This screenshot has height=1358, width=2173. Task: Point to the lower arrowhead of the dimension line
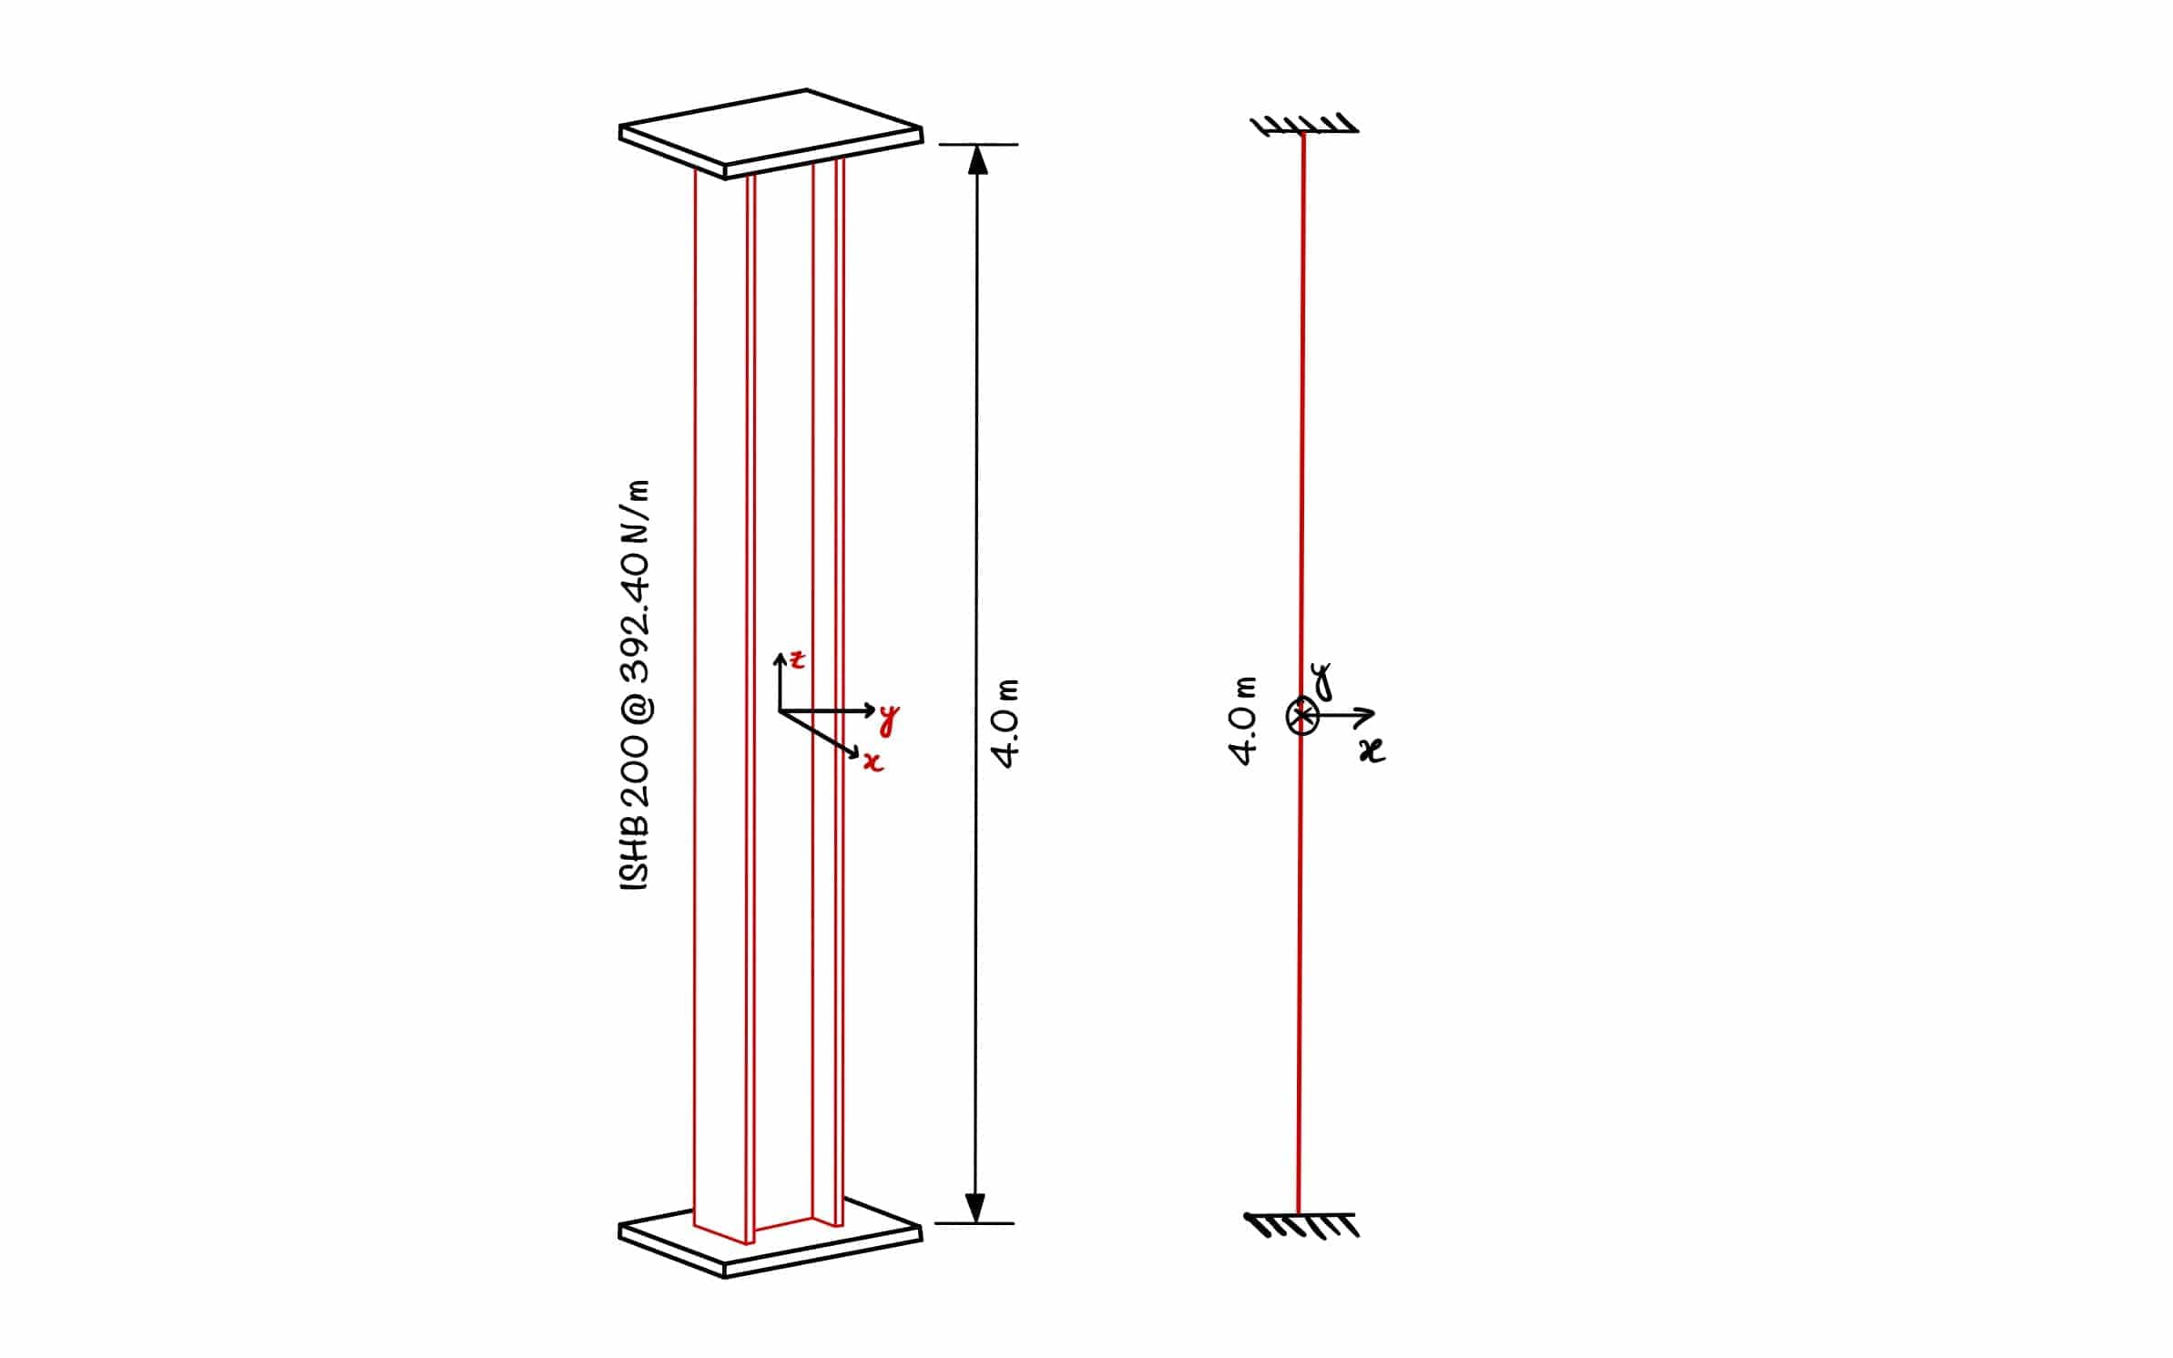tap(975, 1208)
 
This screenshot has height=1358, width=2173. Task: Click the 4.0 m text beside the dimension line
tap(1007, 723)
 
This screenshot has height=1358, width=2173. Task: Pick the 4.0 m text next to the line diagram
tap(1244, 720)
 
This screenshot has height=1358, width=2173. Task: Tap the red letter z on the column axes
tap(798, 659)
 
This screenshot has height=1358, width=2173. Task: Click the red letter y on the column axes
tap(889, 719)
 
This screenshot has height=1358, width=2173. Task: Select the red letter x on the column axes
tap(873, 761)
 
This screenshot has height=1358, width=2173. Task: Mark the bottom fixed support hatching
tap(1302, 1225)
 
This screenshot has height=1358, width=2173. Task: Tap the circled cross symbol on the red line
tap(1301, 716)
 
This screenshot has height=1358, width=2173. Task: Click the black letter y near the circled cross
tap(1321, 679)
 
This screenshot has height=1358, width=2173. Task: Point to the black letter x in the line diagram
tap(1372, 750)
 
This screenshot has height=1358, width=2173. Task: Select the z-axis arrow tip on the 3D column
tap(780, 655)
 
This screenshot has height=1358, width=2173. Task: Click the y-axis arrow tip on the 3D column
tap(872, 710)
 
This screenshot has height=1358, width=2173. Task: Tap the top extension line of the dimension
tap(978, 144)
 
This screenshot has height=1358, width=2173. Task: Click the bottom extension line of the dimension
tap(974, 1223)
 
